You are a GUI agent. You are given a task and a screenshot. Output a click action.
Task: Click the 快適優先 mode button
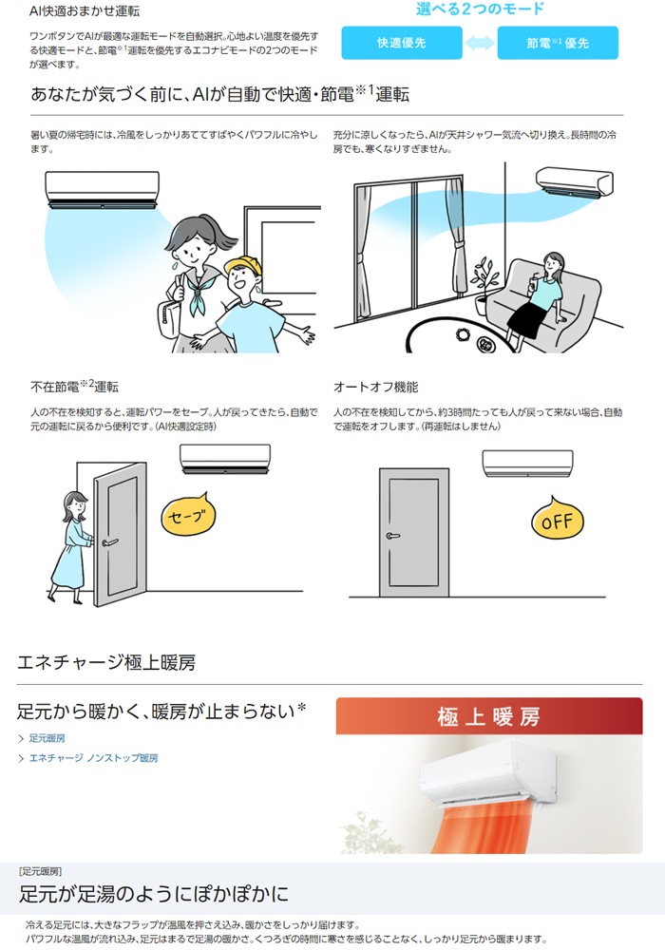[402, 43]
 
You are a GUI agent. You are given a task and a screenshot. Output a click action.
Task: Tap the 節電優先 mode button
[558, 43]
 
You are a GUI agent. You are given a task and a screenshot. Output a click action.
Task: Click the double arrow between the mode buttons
[480, 43]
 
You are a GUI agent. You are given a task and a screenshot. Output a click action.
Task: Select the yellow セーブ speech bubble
[188, 514]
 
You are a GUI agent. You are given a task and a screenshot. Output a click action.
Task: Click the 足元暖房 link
[47, 738]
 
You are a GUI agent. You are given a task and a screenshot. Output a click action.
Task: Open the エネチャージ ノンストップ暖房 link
[93, 758]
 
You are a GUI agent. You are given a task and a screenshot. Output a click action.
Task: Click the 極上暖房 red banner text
[488, 716]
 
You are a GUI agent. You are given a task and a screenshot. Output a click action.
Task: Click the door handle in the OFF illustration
[393, 536]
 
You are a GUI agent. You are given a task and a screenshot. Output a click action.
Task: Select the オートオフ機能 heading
[375, 388]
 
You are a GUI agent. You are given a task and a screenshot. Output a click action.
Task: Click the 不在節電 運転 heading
[74, 386]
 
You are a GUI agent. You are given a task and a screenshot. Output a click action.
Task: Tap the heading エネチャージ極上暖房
[106, 662]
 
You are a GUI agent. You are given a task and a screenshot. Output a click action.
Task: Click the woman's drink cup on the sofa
[534, 282]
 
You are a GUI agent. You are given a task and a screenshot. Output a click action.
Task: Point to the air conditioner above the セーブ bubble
[225, 459]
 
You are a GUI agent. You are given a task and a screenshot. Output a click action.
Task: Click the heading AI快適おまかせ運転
[85, 10]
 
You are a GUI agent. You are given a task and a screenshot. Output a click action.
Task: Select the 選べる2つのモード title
[480, 9]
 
